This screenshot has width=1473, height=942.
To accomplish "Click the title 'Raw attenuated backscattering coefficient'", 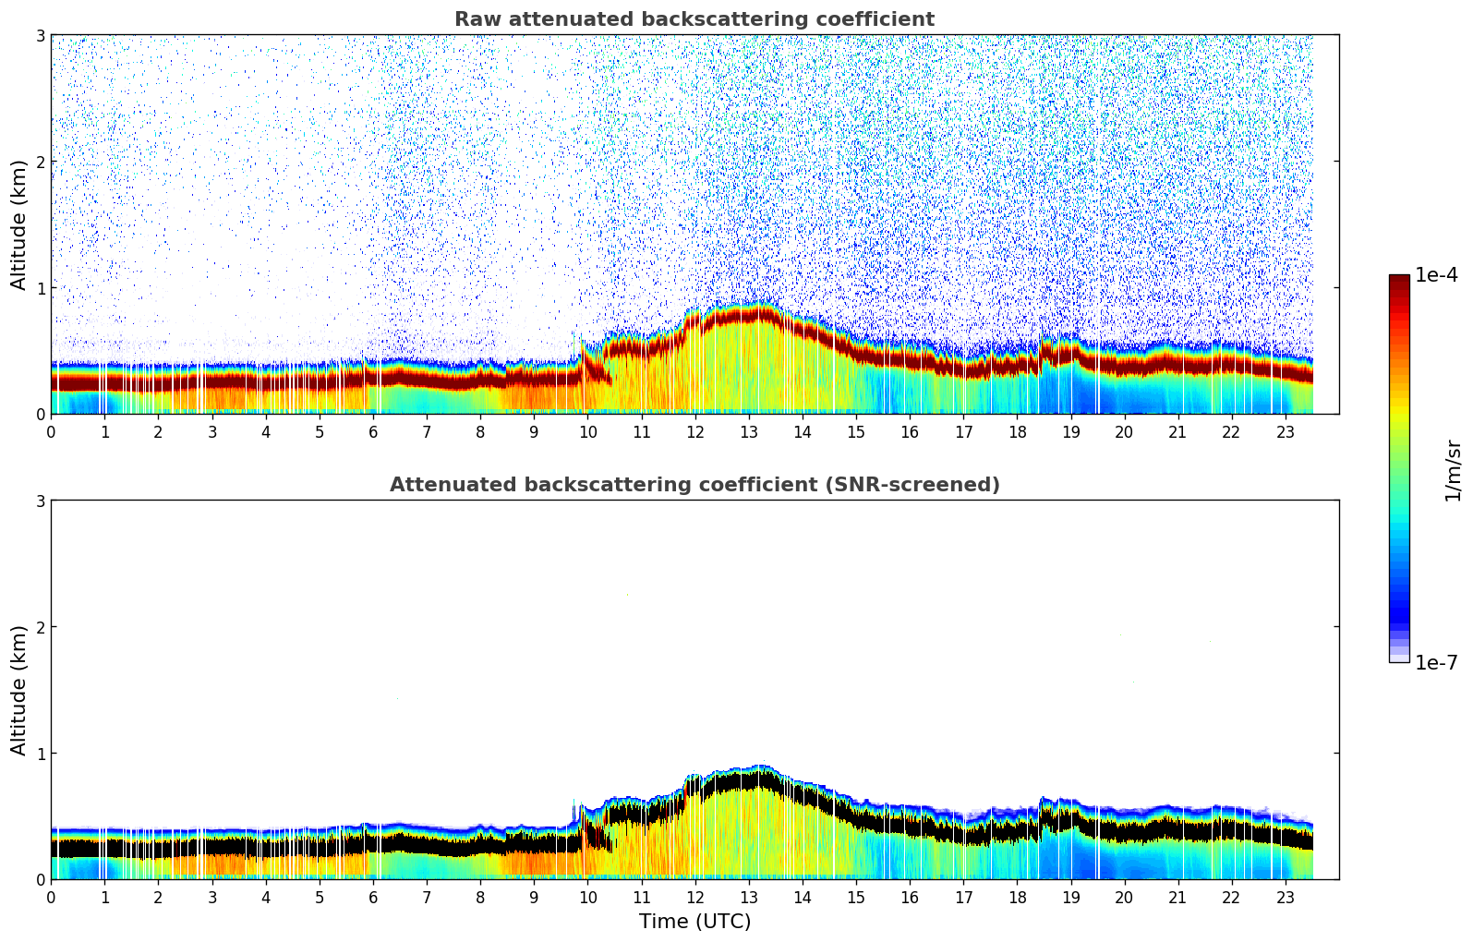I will [x=694, y=19].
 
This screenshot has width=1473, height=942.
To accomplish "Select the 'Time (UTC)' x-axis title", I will [x=694, y=921].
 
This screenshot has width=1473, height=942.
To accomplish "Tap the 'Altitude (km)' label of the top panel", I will [x=19, y=224].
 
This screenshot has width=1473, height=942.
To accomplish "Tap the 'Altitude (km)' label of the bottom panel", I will [x=19, y=690].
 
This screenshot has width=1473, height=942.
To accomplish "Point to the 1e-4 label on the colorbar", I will [x=1436, y=275].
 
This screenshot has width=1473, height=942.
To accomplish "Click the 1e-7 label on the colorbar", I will [x=1436, y=662].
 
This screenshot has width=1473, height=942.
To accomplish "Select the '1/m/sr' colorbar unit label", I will [x=1453, y=471].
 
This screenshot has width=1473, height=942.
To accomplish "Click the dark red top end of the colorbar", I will [x=1398, y=279].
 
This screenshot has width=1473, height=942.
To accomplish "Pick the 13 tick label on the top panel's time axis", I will [x=749, y=431].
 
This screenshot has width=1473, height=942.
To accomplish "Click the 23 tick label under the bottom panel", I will [x=1286, y=897].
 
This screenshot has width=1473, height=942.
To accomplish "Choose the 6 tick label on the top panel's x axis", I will [x=373, y=431].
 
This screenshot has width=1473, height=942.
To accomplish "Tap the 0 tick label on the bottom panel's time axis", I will [x=51, y=897].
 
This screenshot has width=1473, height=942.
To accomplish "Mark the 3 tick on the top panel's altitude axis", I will [x=41, y=35].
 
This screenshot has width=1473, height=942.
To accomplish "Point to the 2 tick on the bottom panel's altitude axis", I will [x=41, y=627].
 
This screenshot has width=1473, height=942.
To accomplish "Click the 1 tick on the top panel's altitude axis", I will [x=41, y=288].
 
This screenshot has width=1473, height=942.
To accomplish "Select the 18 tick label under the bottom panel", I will [x=1017, y=897].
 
